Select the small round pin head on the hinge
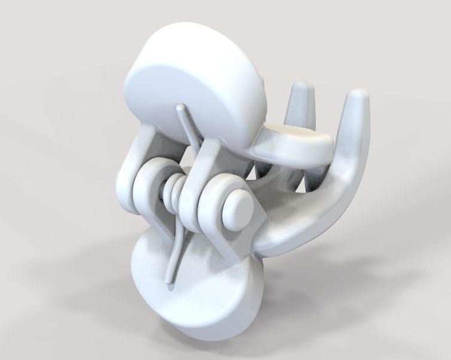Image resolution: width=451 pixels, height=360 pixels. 239,210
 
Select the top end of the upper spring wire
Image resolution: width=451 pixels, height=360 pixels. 180,108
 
